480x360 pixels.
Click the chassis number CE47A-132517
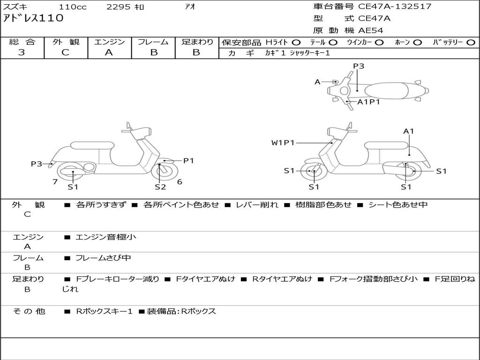[395, 7]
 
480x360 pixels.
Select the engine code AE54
[371, 30]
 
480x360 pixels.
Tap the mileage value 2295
[119, 7]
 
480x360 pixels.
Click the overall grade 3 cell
[22, 52]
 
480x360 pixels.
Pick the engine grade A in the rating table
[109, 52]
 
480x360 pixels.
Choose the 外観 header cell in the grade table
[66, 42]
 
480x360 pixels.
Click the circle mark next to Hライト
[296, 43]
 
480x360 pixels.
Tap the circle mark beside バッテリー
[470, 43]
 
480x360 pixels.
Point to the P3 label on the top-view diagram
[359, 66]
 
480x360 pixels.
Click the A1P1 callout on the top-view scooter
[368, 102]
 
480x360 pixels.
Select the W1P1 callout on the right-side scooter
[283, 142]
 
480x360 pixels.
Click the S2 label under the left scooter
[160, 187]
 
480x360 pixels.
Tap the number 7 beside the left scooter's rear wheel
[55, 182]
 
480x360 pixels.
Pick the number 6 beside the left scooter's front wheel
[180, 182]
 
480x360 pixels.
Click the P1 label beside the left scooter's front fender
[188, 161]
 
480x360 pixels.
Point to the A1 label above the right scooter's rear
[409, 131]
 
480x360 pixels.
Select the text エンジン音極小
[106, 237]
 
